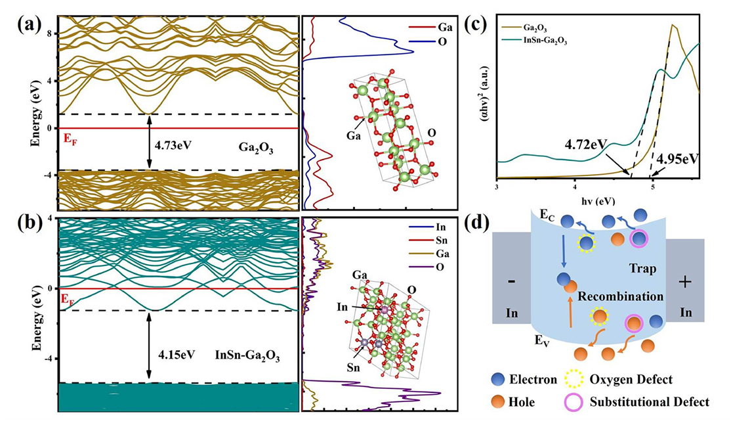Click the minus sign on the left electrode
point(511,281)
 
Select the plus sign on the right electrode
point(686,281)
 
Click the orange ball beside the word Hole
point(501,401)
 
